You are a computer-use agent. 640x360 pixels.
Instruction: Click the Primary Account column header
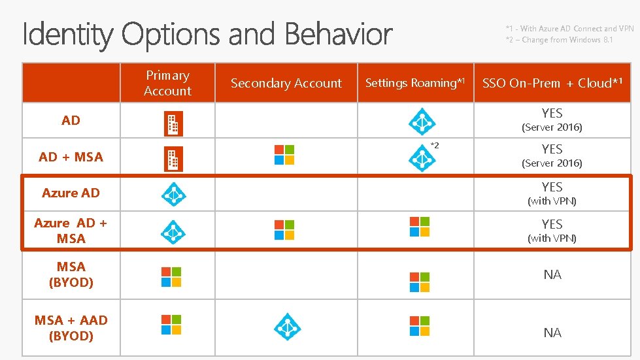tap(167, 84)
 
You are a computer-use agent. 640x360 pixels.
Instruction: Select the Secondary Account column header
tap(286, 84)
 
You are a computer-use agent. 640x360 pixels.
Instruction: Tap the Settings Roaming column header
tap(415, 83)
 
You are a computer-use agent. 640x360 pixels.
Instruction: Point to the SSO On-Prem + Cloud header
tap(552, 83)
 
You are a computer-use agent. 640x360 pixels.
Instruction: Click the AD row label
tap(71, 120)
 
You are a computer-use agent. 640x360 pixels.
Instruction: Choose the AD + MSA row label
tap(71, 157)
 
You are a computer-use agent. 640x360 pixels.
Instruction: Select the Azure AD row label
tap(71, 193)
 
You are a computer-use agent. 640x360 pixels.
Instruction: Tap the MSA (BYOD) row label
tap(71, 274)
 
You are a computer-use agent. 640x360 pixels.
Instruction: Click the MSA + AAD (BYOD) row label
tap(71, 328)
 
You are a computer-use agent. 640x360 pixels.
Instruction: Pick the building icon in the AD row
tap(173, 123)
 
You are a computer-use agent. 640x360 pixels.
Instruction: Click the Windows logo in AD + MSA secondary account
tap(284, 155)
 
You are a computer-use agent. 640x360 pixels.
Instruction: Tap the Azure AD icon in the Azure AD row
tap(173, 194)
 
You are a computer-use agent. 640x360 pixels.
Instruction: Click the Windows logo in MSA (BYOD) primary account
tap(171, 276)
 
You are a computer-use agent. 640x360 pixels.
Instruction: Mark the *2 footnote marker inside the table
tap(435, 145)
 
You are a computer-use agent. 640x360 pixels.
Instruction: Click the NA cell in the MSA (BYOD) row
tap(552, 275)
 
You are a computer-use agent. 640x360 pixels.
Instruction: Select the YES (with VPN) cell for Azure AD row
tap(552, 193)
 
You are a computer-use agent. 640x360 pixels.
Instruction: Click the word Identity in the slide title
tap(68, 34)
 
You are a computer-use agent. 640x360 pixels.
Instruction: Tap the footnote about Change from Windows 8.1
tap(559, 40)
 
